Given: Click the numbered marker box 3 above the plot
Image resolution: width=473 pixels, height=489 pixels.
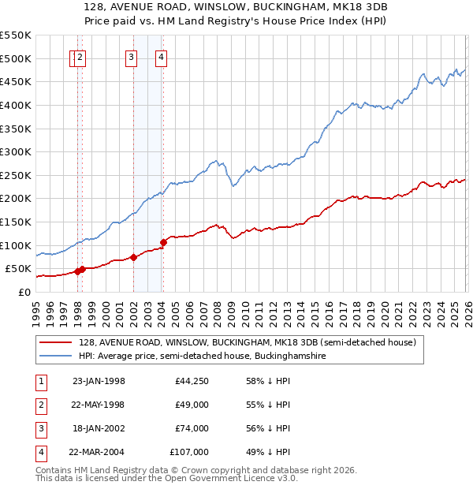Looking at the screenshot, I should point(131,57).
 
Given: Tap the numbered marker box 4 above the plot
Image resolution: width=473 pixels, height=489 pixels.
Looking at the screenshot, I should point(160,57).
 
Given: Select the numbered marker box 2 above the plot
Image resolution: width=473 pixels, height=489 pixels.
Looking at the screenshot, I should point(81,57).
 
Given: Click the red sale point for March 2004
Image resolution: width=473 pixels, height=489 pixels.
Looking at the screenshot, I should point(163,242).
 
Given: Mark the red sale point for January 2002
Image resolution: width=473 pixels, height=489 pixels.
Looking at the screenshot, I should point(133,257).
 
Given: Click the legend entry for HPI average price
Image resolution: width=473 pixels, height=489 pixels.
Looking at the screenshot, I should point(202,356).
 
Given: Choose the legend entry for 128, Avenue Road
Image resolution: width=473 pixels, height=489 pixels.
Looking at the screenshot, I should point(252,342).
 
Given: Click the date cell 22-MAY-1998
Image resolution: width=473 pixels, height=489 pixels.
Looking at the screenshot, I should point(99,405).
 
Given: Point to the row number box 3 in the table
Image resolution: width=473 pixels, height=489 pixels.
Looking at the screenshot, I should point(40,428).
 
